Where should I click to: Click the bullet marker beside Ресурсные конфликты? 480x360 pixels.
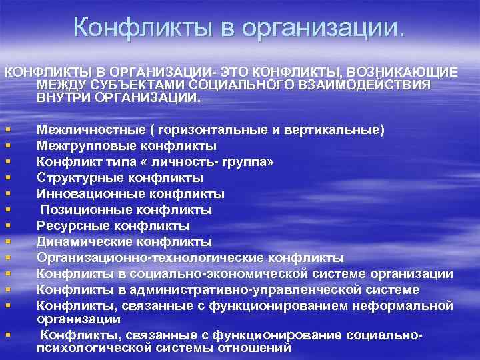point(7,227)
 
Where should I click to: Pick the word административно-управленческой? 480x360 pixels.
point(241,290)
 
